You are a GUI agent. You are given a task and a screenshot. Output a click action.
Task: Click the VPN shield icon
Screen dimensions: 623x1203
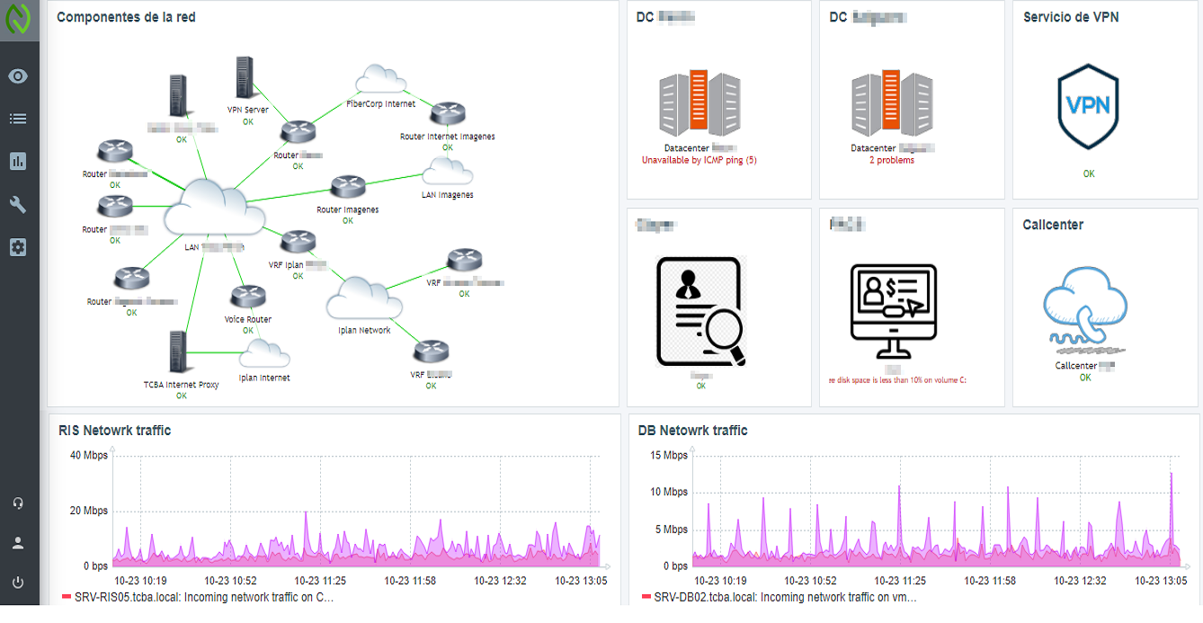tap(1089, 106)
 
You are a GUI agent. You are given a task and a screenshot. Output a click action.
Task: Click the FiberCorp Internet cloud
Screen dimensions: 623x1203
tap(380, 80)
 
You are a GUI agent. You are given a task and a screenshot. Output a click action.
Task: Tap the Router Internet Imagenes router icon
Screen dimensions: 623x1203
tap(447, 114)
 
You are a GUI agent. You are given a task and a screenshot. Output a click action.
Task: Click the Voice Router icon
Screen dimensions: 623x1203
tap(247, 297)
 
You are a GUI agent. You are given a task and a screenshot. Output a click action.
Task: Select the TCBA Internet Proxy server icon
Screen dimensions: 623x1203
tap(178, 353)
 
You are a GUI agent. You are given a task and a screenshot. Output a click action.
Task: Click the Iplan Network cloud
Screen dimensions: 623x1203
tap(362, 298)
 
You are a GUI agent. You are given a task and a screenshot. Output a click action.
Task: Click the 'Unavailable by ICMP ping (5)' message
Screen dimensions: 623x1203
tap(700, 160)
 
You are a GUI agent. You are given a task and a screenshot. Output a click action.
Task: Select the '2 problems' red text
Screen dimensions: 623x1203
tap(891, 160)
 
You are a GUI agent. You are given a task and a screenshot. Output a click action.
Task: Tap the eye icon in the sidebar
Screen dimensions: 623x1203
tap(18, 76)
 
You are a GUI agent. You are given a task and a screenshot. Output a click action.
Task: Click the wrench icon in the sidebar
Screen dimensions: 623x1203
tap(18, 204)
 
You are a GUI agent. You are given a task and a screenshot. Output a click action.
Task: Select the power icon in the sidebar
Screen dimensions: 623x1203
tap(18, 583)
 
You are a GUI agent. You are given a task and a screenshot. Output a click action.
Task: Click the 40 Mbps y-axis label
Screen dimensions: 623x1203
tap(89, 455)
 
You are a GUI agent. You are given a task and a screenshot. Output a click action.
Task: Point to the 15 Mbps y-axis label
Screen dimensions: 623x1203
tap(669, 455)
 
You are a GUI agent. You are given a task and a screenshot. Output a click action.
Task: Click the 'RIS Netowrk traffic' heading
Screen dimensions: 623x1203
tap(114, 431)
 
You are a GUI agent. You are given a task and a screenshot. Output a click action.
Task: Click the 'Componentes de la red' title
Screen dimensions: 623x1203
tap(126, 17)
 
